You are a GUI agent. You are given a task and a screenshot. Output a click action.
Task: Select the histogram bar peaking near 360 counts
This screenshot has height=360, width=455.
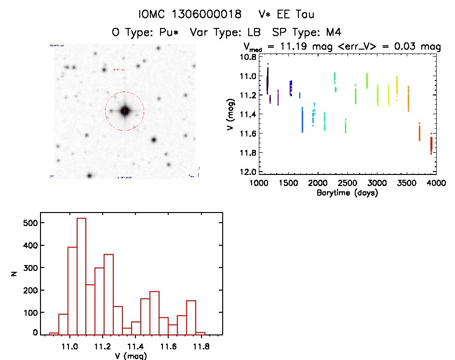click(x=108, y=294)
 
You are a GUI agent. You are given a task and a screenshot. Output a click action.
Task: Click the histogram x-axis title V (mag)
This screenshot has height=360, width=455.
click(x=126, y=356)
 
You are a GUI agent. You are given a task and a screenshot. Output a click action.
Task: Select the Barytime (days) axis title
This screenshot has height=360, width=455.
click(x=347, y=193)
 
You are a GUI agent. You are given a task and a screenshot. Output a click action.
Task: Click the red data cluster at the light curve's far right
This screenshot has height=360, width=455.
click(x=431, y=145)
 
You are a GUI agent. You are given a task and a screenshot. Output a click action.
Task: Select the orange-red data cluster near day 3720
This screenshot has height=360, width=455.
click(x=419, y=133)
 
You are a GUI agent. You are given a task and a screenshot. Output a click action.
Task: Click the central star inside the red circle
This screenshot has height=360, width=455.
click(x=125, y=110)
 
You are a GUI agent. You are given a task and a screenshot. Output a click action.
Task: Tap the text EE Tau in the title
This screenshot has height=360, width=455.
click(x=298, y=14)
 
